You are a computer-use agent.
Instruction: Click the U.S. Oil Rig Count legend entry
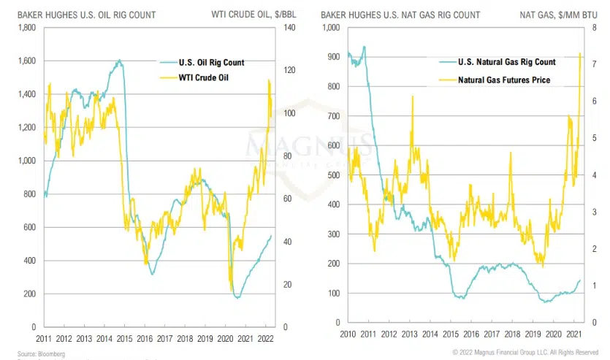[212, 62]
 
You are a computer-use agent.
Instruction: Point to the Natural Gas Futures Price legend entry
[504, 80]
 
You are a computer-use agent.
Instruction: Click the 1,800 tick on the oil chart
[26, 28]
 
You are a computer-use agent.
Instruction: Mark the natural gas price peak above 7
[580, 53]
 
